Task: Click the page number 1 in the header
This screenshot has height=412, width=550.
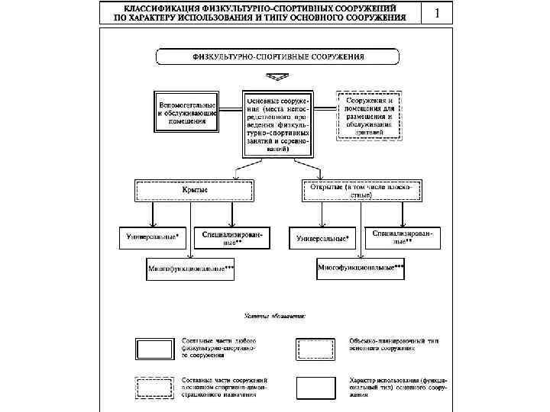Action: coord(438,13)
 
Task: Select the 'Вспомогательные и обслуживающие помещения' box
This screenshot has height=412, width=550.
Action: coord(187,112)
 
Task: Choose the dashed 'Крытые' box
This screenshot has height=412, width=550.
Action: coord(194,190)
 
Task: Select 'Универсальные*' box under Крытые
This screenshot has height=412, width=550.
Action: coord(153,237)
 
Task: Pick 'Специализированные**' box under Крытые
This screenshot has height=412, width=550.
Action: coord(233,238)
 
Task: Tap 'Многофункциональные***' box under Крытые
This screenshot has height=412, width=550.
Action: coord(191,269)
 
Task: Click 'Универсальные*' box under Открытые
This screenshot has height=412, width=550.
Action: coord(322,238)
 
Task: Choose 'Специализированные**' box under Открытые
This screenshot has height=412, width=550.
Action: coord(403,237)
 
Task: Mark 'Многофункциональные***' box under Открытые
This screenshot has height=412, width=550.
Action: coord(361,269)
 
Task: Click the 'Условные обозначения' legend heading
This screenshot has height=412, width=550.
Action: coord(274,314)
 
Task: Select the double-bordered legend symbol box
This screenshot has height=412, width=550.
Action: coord(154,348)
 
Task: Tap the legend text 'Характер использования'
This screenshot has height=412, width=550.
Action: coord(397,383)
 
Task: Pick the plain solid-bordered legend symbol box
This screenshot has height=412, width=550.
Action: coord(315,388)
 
